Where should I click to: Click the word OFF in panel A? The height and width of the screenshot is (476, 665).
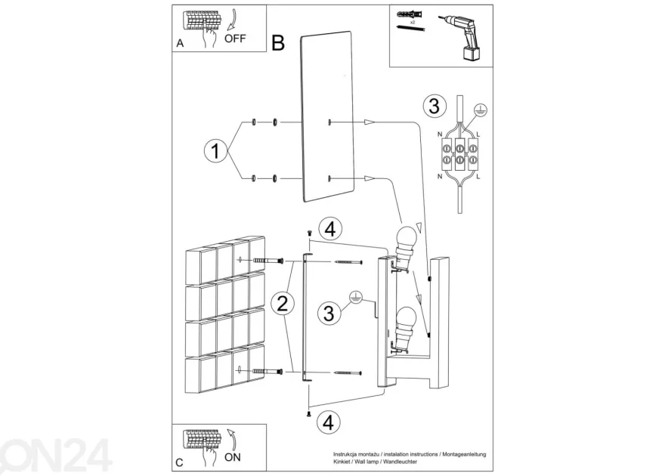235,39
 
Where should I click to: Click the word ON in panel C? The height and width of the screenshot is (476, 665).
233,457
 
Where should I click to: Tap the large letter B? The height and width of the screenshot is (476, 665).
278,43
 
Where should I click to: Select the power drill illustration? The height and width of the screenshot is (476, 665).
462,37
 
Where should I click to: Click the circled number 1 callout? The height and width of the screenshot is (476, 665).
215,151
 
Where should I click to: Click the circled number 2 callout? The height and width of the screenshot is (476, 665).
283,304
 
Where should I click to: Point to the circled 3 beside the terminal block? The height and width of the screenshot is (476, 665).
435,106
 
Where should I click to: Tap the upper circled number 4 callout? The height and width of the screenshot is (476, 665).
330,229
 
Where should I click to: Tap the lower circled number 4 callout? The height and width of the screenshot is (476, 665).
329,422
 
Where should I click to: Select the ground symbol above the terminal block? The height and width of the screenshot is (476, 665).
481,110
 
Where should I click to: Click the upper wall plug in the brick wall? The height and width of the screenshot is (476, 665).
268,261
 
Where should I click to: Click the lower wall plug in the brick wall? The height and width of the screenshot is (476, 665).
268,372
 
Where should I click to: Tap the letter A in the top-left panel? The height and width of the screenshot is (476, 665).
181,43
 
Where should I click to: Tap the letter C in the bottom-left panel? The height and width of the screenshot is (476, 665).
179,462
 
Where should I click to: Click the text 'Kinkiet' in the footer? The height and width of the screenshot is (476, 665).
341,462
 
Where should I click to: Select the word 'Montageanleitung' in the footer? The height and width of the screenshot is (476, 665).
465,454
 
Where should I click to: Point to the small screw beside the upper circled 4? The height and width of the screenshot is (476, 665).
309,233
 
